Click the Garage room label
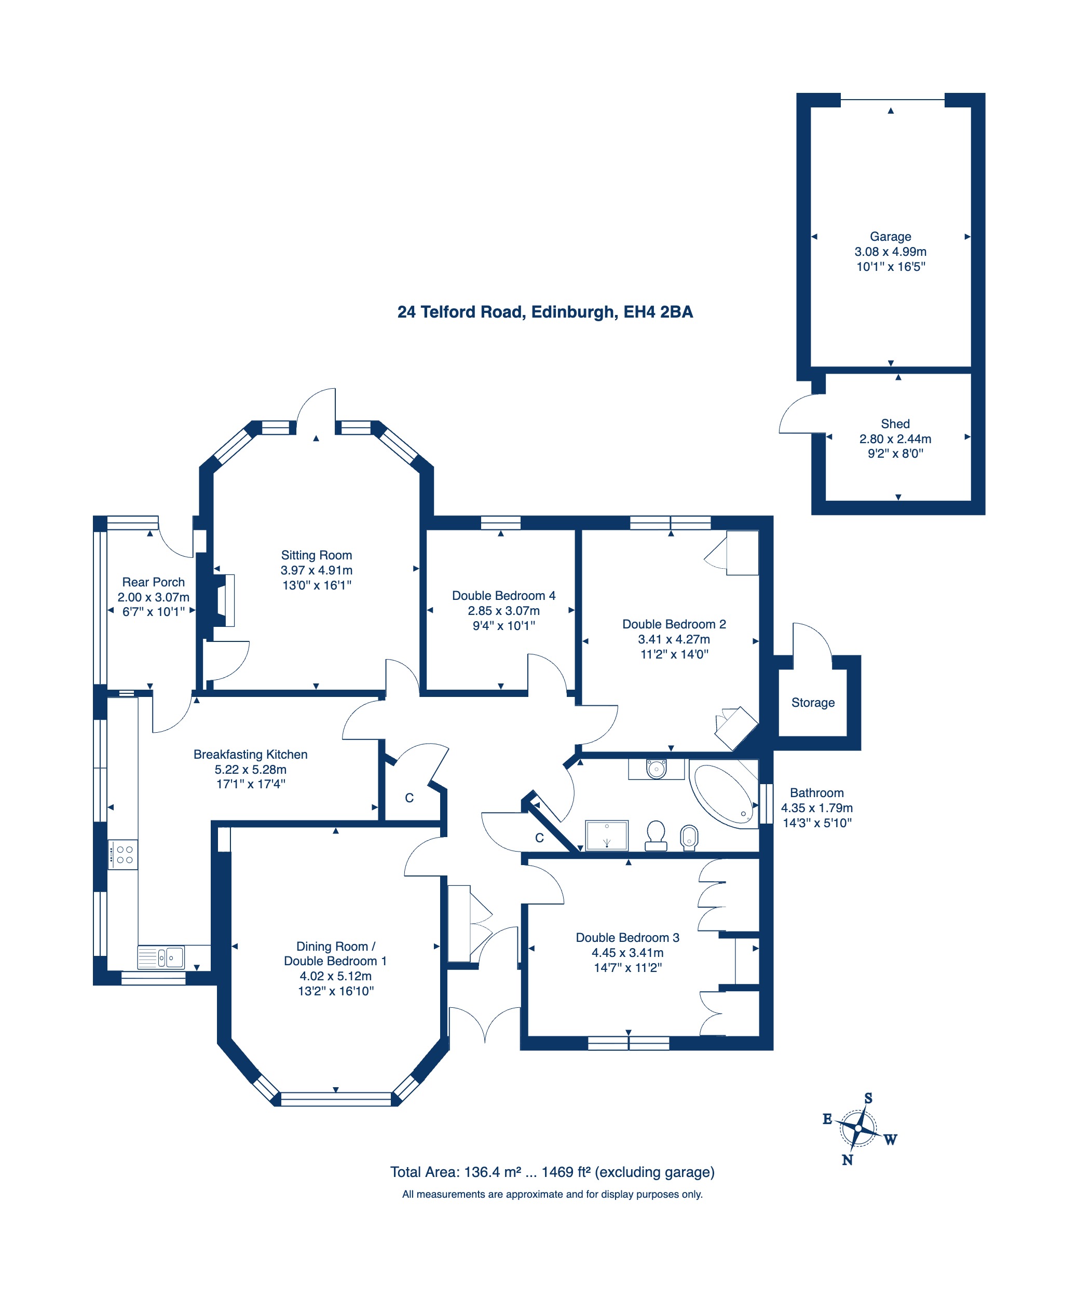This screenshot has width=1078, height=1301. [x=890, y=237]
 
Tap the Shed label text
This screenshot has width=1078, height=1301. [x=895, y=424]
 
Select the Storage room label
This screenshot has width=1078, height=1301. [x=813, y=703]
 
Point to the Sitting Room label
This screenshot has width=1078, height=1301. [x=316, y=555]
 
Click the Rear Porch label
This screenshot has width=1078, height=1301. [x=153, y=582]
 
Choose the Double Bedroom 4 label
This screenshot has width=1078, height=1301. [x=503, y=595]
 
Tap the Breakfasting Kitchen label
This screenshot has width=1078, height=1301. [x=250, y=755]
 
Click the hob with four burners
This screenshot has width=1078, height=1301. [x=122, y=854]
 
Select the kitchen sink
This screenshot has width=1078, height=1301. [x=161, y=957]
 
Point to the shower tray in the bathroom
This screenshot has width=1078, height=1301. [x=607, y=835]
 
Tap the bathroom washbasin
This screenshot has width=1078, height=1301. [x=656, y=769]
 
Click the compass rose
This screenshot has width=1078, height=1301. [x=858, y=1129]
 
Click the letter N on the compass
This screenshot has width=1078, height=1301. [x=848, y=1160]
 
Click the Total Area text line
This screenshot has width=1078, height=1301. [x=552, y=1172]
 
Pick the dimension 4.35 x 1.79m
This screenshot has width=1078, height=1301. [x=816, y=808]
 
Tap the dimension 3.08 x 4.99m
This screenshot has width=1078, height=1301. [x=890, y=252]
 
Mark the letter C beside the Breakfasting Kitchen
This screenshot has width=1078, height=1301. [x=409, y=798]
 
